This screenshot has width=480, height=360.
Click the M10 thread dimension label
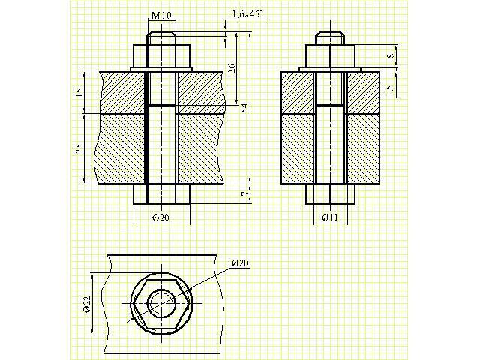point(161,15)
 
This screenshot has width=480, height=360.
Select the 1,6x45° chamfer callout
point(248,14)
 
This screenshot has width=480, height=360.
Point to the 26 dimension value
point(232,68)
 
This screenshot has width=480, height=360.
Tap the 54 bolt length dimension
point(244,108)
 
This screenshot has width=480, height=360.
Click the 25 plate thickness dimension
point(79,148)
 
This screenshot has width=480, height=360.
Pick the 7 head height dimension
point(244,194)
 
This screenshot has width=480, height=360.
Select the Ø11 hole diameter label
point(330,217)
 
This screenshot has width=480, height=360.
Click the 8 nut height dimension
point(391,55)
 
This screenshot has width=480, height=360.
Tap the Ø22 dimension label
point(87,304)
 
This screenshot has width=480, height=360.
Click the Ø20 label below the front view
point(160,217)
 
